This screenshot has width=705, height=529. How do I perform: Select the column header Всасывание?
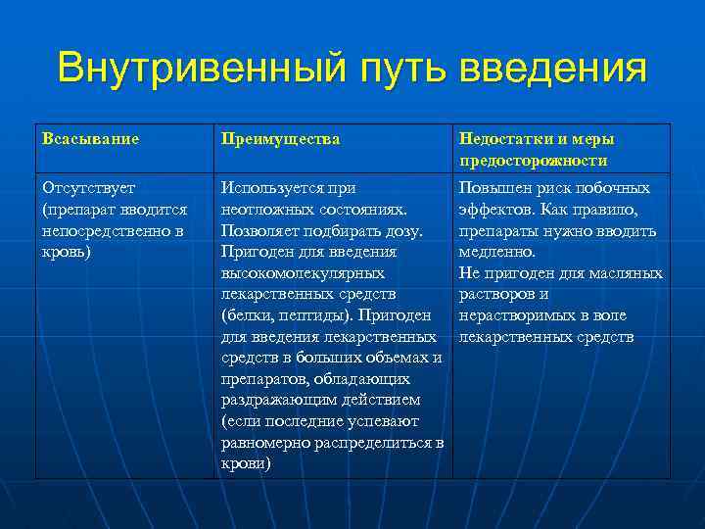point(91,139)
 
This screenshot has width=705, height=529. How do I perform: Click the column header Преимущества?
point(281,139)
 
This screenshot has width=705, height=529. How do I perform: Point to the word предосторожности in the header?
point(534,161)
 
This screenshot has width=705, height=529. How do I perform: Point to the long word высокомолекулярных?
point(303,273)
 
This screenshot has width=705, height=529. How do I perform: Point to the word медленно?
point(496,252)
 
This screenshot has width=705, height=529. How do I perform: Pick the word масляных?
point(629,273)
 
